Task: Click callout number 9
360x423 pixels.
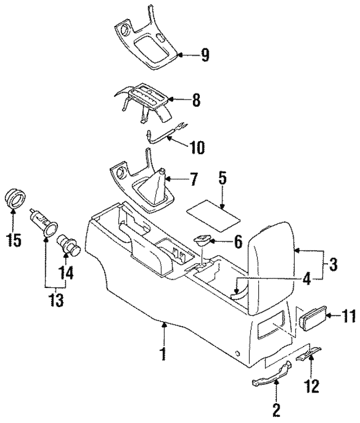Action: pos(204,55)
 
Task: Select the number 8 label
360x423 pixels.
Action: pos(195,101)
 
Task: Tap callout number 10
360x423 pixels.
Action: pos(197,148)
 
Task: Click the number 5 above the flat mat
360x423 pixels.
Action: pos(222,179)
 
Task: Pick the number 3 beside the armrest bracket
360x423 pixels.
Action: pos(333,263)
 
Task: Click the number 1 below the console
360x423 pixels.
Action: pos(164,355)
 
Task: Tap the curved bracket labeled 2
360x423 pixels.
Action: pos(270,373)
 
